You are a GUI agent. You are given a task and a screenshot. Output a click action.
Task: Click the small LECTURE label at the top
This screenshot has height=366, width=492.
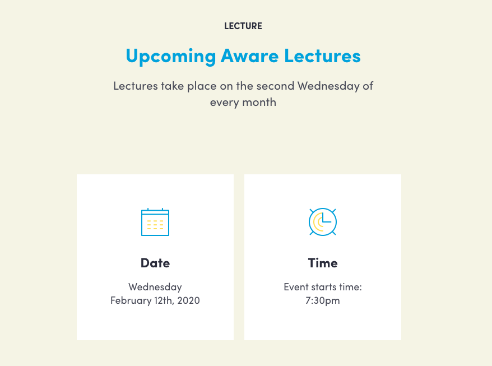[x=243, y=26]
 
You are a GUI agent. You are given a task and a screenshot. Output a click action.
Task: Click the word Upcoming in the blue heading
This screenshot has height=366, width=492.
[x=171, y=57]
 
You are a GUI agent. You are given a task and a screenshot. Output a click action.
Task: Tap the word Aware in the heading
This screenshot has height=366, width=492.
[x=249, y=56]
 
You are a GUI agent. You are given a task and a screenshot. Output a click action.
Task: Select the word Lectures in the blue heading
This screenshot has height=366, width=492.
[x=323, y=56]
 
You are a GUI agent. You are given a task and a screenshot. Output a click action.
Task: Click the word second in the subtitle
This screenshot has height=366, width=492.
[x=276, y=86]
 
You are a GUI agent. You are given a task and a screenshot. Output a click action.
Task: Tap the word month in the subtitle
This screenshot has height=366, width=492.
[x=259, y=103]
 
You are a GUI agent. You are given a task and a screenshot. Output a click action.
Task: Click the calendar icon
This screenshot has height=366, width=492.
[x=155, y=222]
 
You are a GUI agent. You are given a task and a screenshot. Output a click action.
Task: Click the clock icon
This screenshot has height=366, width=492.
[x=323, y=222]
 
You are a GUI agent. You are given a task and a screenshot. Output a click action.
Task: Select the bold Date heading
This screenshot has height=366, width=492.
[x=155, y=263]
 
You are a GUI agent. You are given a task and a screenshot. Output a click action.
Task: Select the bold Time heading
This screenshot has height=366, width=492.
[x=323, y=263]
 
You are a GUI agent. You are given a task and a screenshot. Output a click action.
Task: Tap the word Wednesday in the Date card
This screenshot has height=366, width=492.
[x=155, y=287]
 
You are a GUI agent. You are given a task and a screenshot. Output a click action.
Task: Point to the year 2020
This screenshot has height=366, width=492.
[x=189, y=301]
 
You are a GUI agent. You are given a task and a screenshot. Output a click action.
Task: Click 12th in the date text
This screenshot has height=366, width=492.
[x=164, y=301]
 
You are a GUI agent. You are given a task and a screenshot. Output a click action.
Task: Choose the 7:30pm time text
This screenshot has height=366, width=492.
[x=323, y=301]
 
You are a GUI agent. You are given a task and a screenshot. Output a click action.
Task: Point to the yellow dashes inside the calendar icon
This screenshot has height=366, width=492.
[x=155, y=225]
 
